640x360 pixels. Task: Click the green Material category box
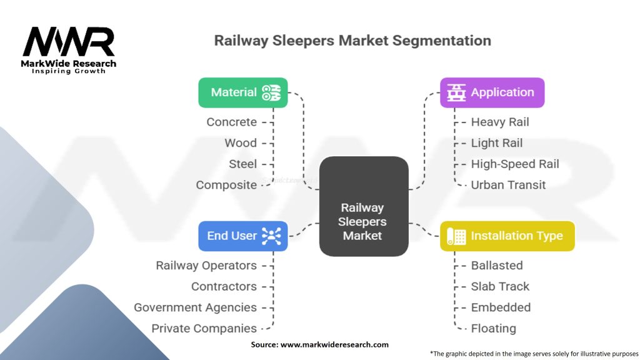[x=242, y=92]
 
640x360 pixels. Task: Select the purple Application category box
[x=492, y=92]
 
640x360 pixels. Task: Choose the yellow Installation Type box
[x=507, y=236]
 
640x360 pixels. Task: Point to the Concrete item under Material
[x=232, y=122]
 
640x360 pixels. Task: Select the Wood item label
[x=241, y=143]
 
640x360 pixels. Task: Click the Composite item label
[x=226, y=185]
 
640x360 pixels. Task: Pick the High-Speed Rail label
[x=515, y=164]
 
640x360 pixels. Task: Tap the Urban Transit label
[x=508, y=185]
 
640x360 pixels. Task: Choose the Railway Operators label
[x=206, y=266]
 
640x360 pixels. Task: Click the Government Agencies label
[x=195, y=307]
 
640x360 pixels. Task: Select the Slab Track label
[x=500, y=286]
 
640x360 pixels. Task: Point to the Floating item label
[x=493, y=328]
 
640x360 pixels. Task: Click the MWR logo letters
[x=69, y=42]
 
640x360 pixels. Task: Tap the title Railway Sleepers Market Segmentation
[x=352, y=41]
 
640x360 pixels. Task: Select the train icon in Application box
[x=457, y=92]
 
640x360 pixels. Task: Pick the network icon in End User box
[x=271, y=236]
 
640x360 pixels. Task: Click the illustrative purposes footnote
[x=534, y=353]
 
